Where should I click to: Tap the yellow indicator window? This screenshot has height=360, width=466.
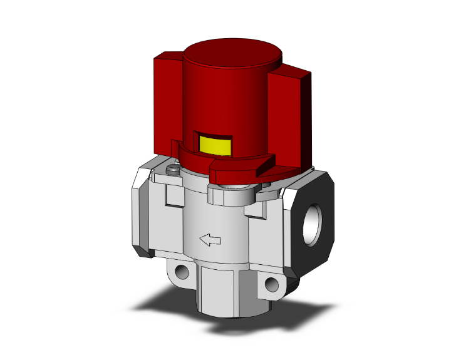(x=214, y=145)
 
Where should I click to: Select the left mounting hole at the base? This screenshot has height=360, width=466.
(x=182, y=272)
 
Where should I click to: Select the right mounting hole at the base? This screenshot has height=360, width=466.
(x=271, y=285)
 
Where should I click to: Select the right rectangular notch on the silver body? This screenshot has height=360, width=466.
(x=255, y=207)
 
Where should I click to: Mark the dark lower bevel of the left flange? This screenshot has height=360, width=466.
(x=143, y=250)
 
